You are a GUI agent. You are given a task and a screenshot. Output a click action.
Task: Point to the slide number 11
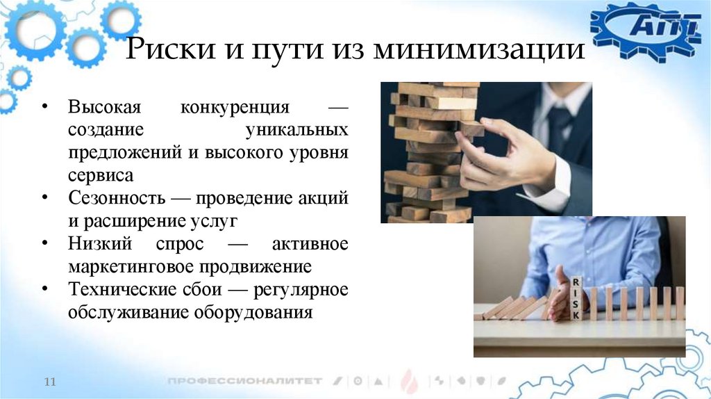49,382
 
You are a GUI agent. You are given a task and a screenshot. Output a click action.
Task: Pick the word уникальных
297,131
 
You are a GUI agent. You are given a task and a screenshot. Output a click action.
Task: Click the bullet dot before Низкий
44,244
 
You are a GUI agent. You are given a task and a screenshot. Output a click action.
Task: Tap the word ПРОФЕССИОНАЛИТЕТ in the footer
244,381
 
